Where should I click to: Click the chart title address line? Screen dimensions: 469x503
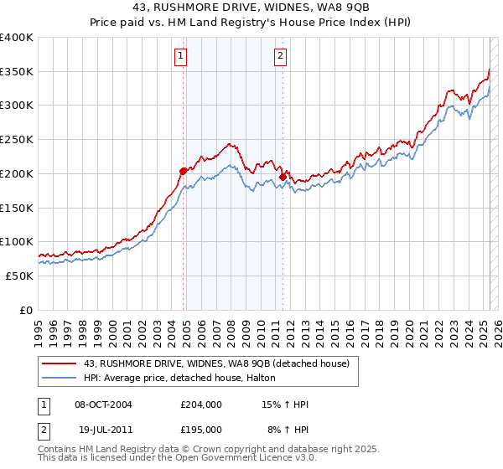(x=251, y=8)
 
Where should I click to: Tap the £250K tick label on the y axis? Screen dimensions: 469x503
(x=17, y=139)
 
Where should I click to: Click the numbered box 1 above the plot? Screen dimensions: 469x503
(x=181, y=57)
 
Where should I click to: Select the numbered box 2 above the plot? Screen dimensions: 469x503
(x=280, y=57)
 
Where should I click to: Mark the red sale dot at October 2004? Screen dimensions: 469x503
(x=183, y=171)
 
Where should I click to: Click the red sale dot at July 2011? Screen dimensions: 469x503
(x=283, y=177)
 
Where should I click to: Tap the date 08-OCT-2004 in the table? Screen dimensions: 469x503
(x=103, y=405)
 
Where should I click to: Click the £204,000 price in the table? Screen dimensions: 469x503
(x=201, y=405)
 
